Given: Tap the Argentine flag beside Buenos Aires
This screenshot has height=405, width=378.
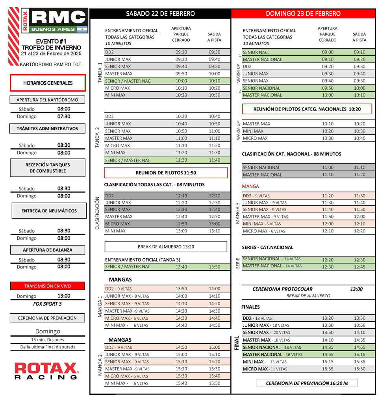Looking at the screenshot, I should point(82,29).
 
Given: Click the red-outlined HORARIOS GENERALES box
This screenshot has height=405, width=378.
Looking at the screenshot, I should point(48,83).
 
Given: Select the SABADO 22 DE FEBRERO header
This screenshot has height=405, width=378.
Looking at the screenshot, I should point(160,14).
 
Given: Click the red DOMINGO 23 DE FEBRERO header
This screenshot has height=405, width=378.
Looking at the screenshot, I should point(303,14).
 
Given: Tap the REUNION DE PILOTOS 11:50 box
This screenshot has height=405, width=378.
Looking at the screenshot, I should point(166,173).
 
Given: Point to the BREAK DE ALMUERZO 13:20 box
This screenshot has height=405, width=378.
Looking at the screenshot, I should point(166,247).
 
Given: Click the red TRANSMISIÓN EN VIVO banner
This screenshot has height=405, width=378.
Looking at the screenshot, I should point(48,286).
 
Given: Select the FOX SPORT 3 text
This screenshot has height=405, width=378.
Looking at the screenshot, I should point(48,304).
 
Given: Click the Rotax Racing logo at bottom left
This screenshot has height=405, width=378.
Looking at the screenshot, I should point(46,371).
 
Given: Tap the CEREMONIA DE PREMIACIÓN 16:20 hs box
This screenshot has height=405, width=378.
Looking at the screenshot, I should point(307,383).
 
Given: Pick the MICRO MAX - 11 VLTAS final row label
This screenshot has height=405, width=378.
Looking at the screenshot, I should point(265,369).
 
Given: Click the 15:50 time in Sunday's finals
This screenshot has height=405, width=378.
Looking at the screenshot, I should point(359,369).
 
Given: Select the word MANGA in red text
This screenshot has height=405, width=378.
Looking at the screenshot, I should point(250,186).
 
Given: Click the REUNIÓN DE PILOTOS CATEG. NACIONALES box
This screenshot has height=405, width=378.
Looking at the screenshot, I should point(307,109).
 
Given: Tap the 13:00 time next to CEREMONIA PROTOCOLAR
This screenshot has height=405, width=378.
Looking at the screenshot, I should point(356,289).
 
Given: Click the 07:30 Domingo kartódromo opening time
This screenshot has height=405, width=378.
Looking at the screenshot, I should point(64,116).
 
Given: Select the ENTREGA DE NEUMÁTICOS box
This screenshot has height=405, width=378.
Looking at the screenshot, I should point(49,211).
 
